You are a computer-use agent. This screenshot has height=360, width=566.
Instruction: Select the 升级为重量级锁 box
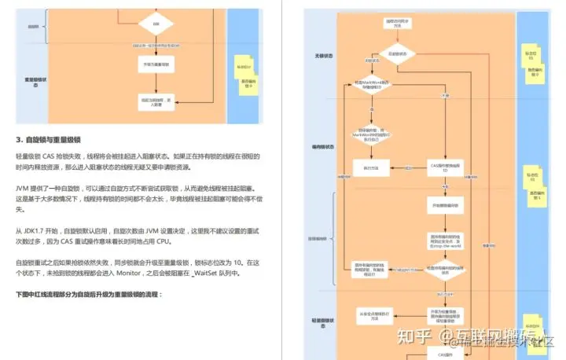[155, 64]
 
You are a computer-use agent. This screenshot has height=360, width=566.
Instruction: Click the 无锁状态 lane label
[324, 56]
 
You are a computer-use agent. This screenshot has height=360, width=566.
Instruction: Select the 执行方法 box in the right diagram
[370, 167]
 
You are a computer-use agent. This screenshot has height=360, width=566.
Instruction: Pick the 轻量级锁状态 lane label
[324, 321]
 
